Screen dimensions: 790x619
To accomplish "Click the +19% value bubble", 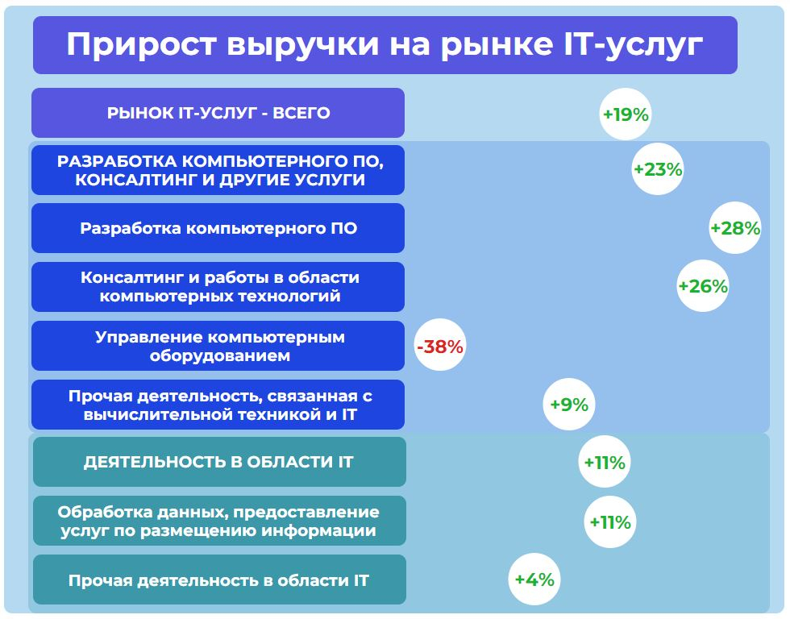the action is pos(626,114).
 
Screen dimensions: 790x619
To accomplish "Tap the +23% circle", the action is pos(658,169).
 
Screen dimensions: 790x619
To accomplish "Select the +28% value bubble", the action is pos(735,228).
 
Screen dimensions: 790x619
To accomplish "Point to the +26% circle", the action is pos(703,286).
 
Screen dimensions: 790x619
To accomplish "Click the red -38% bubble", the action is pos(440,346).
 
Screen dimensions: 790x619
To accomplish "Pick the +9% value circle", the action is pos(569,405).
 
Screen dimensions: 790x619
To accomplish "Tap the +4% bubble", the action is pos(534,580).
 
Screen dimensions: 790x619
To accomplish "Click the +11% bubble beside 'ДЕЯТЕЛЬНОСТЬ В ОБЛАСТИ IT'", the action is pos(604,462).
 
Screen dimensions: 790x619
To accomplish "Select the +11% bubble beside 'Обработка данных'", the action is pos(610,521).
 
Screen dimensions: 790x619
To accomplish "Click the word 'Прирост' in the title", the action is pos(142,45).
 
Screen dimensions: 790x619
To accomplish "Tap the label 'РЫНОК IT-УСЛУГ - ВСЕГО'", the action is pos(218,113).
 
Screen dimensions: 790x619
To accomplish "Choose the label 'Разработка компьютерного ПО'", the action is pos(218,229).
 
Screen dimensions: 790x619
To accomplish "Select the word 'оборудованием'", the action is pos(219,355).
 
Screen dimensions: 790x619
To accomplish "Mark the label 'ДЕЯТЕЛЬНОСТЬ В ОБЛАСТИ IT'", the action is pos(218,463).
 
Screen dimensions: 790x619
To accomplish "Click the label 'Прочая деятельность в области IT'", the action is pos(218,581).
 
